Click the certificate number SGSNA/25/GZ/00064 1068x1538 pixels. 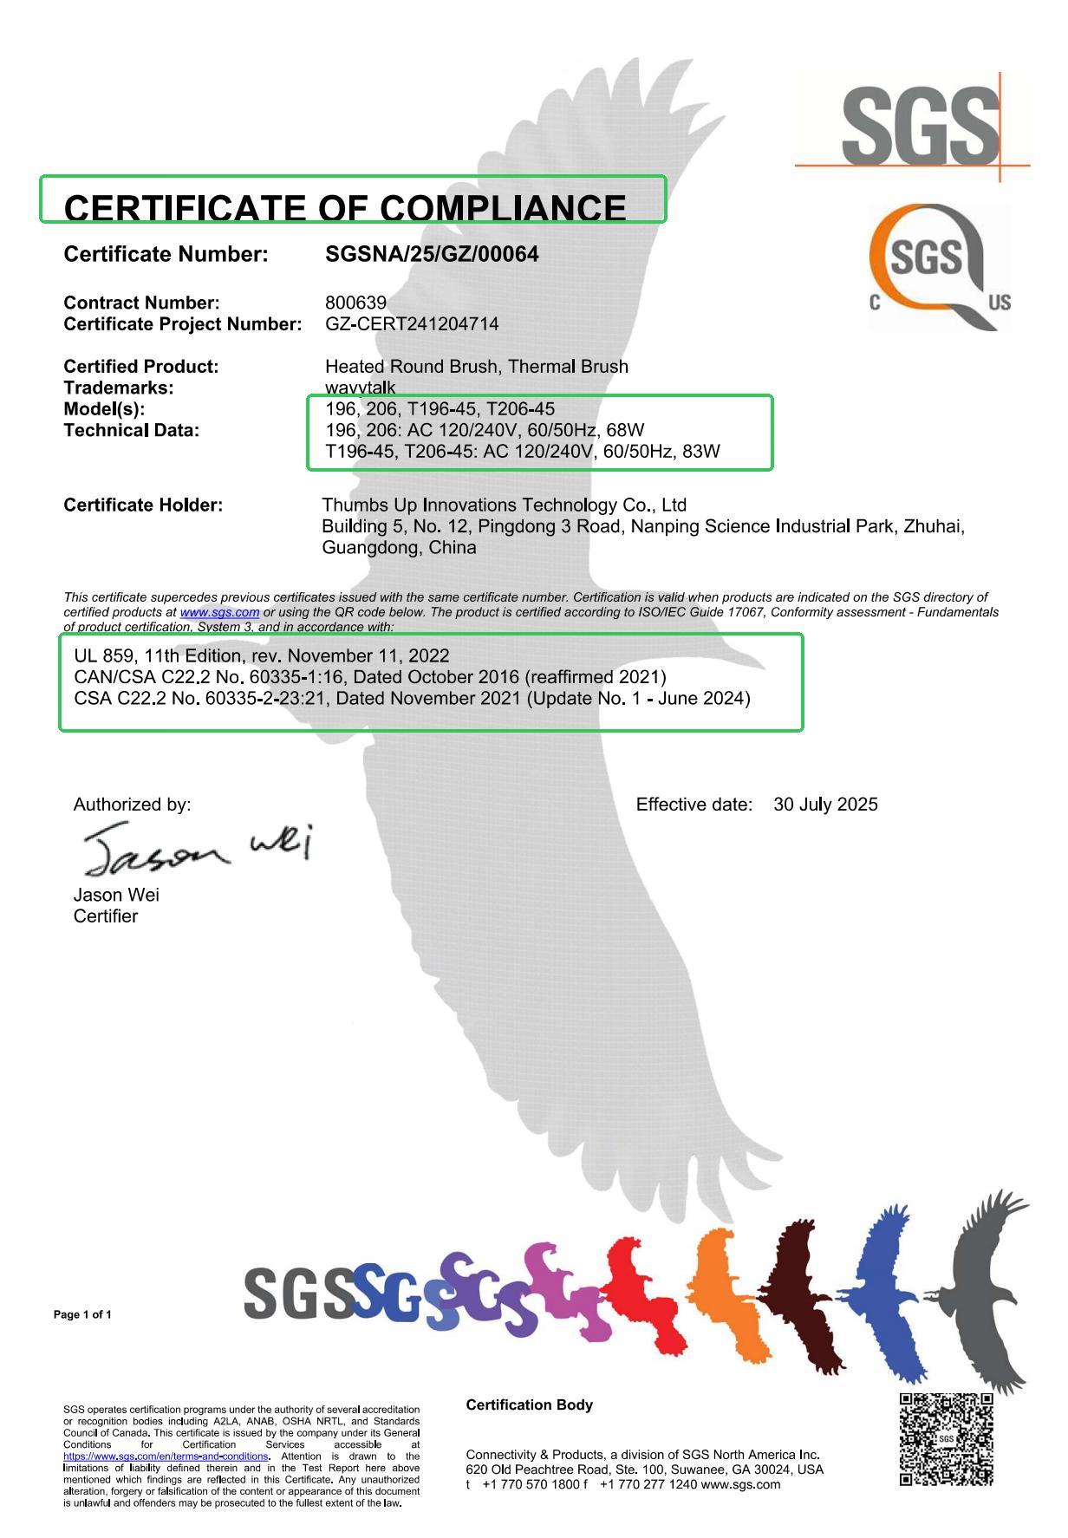coord(431,254)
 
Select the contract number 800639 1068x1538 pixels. coord(355,303)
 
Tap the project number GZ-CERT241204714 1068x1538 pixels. coord(411,324)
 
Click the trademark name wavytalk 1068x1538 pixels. coord(360,388)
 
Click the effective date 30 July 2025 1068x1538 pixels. coord(825,805)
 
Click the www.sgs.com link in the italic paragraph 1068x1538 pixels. coord(219,612)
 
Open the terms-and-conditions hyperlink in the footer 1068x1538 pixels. coord(166,1457)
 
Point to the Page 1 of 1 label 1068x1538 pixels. coord(82,1314)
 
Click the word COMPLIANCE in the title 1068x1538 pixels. coord(503,208)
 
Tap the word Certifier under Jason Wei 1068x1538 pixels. coord(106,916)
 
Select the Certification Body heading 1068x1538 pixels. coord(529,1404)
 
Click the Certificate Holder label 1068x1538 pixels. coord(143,505)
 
